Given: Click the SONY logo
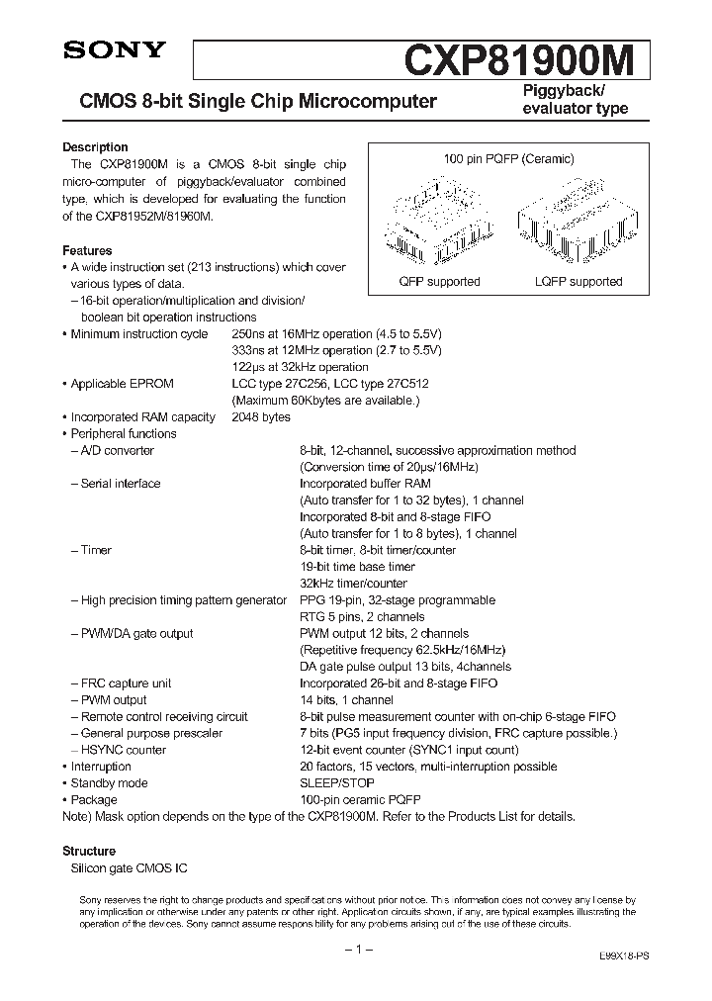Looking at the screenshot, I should click(x=101, y=52).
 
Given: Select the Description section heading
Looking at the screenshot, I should click(x=95, y=147).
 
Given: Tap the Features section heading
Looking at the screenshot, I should click(x=87, y=251).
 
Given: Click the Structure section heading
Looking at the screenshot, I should click(x=89, y=851).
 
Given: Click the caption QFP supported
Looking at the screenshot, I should click(x=439, y=282).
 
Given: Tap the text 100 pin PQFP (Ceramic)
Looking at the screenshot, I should click(x=507, y=158).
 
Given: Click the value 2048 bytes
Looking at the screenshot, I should click(x=261, y=417).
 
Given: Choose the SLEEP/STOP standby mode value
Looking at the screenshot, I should click(x=337, y=783).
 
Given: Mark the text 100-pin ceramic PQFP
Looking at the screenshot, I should click(x=355, y=800).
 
